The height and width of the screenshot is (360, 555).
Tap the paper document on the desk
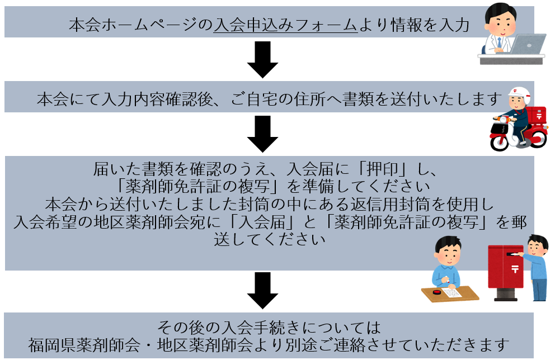tap(452, 292)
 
